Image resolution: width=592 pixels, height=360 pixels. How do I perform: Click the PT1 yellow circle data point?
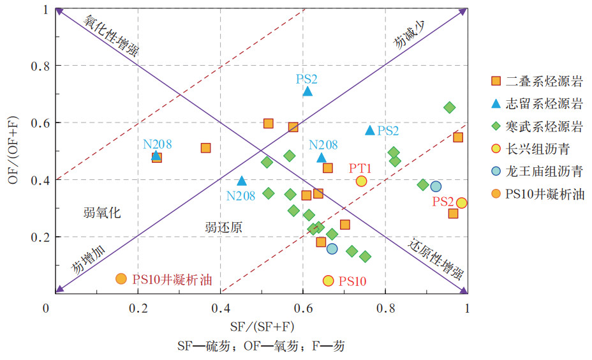point(361,181)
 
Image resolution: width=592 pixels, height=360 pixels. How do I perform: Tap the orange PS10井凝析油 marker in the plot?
point(121,279)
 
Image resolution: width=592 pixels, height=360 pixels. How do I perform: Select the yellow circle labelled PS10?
point(329,280)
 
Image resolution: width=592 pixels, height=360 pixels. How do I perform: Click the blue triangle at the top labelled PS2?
point(307,91)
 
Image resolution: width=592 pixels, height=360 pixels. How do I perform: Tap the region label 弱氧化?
point(102,213)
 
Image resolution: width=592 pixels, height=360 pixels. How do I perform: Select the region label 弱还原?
point(223,227)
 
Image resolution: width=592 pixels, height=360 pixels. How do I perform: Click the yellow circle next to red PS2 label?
point(462,203)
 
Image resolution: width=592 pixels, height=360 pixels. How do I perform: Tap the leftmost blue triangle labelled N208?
point(156,155)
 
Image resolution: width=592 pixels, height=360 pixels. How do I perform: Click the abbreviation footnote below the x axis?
point(262,346)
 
